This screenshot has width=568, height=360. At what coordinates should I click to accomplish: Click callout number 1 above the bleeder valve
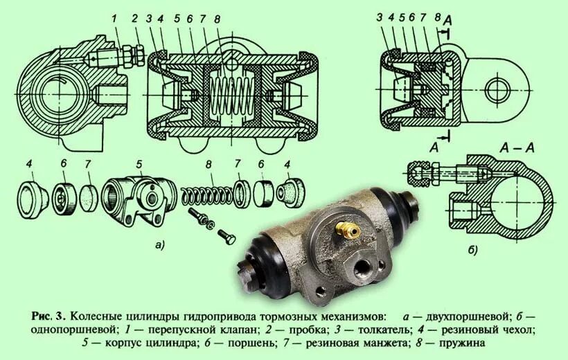pos(117,18)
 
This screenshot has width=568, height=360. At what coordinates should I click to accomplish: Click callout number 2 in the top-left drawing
pos(136,18)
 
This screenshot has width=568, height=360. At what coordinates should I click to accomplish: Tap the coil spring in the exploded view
pos(205,192)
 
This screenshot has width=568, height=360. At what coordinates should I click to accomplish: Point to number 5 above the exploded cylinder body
pos(139,164)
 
